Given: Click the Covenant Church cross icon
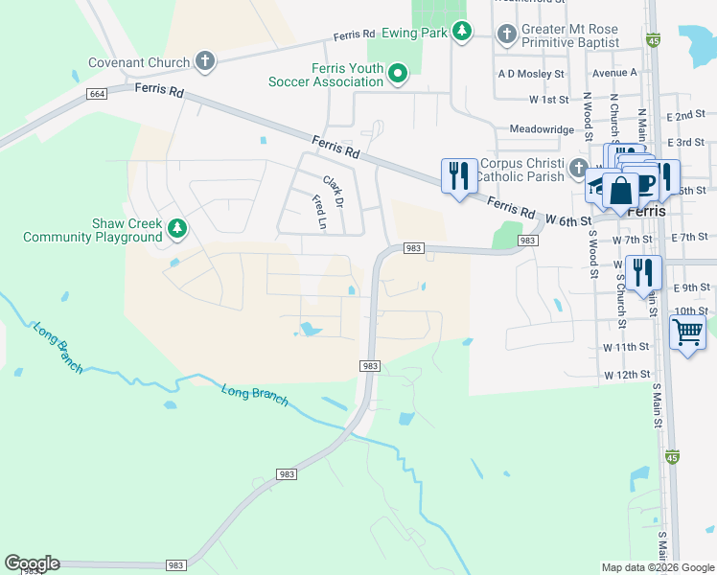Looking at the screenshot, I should pyautogui.click(x=204, y=62).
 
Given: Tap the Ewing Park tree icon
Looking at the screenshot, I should pyautogui.click(x=462, y=33).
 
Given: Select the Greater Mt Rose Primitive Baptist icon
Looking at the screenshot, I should pyautogui.click(x=507, y=34).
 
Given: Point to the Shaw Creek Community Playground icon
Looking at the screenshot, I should pyautogui.click(x=176, y=228).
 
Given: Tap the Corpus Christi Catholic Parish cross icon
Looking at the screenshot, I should pyautogui.click(x=578, y=169).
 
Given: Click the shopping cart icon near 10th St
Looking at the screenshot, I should pyautogui.click(x=687, y=333).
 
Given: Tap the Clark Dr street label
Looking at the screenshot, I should pyautogui.click(x=333, y=192).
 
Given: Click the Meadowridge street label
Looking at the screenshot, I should pyautogui.click(x=541, y=128).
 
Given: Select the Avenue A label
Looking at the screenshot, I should pyautogui.click(x=614, y=73).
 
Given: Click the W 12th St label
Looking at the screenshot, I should pyautogui.click(x=627, y=374).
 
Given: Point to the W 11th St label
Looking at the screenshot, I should pyautogui.click(x=627, y=346).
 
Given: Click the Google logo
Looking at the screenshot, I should pyautogui.click(x=32, y=563).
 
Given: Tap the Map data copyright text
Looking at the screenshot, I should pyautogui.click(x=657, y=567).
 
